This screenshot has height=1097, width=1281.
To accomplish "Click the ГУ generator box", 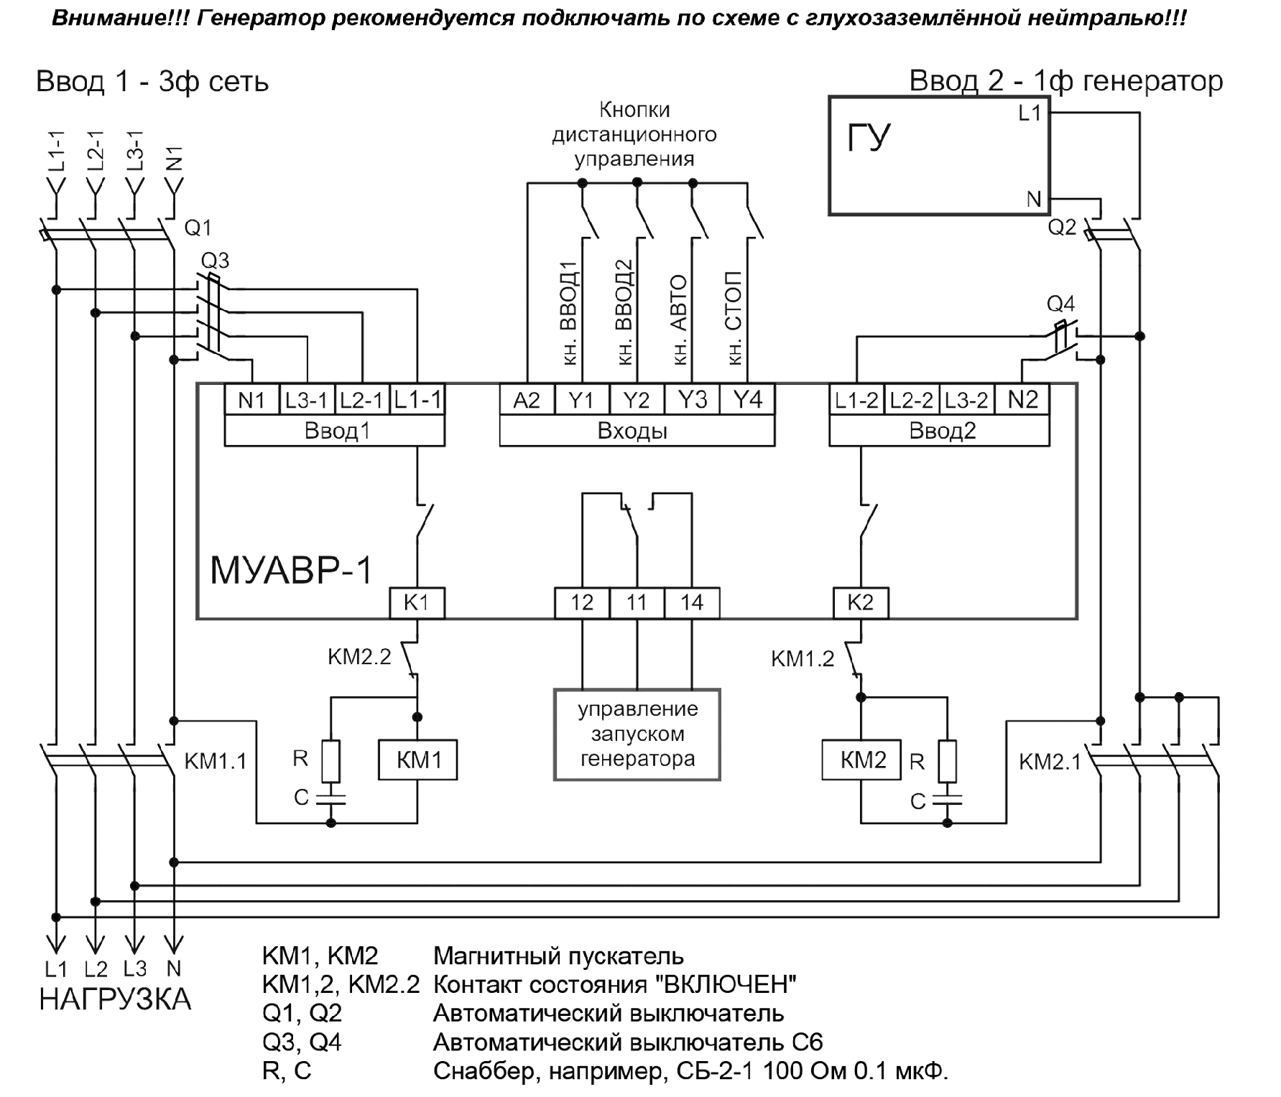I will click(x=938, y=155).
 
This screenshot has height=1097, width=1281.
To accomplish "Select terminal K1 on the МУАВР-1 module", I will click(x=417, y=602).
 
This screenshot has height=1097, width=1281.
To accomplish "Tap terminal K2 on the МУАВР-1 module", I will click(x=861, y=602).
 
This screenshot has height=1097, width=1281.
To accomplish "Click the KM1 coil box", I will click(x=418, y=760).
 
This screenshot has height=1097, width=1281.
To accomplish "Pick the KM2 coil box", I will click(x=861, y=760).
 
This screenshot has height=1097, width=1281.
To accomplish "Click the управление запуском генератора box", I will click(x=637, y=734).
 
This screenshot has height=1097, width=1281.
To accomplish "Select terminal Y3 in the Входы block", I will click(x=693, y=400).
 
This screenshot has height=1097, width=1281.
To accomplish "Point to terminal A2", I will click(x=527, y=400).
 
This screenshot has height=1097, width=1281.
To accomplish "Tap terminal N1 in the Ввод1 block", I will click(x=251, y=400).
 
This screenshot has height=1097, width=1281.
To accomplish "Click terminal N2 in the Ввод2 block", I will click(x=1022, y=400).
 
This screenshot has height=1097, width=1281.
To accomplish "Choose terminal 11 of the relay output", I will click(x=637, y=602).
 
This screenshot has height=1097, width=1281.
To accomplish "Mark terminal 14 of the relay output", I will click(x=692, y=602).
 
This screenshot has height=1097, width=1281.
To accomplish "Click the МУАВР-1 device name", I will click(x=291, y=571).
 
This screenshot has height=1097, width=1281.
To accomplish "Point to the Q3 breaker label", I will click(x=215, y=260).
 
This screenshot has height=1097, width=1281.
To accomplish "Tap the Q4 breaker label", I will click(x=1060, y=304).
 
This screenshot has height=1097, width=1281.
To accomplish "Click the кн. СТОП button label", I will click(x=734, y=318).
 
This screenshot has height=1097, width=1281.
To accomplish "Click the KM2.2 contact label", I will click(x=359, y=657).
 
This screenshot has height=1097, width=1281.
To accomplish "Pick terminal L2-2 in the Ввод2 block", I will click(x=911, y=400).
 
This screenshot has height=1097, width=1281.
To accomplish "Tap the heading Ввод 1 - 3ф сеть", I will click(x=152, y=82).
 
